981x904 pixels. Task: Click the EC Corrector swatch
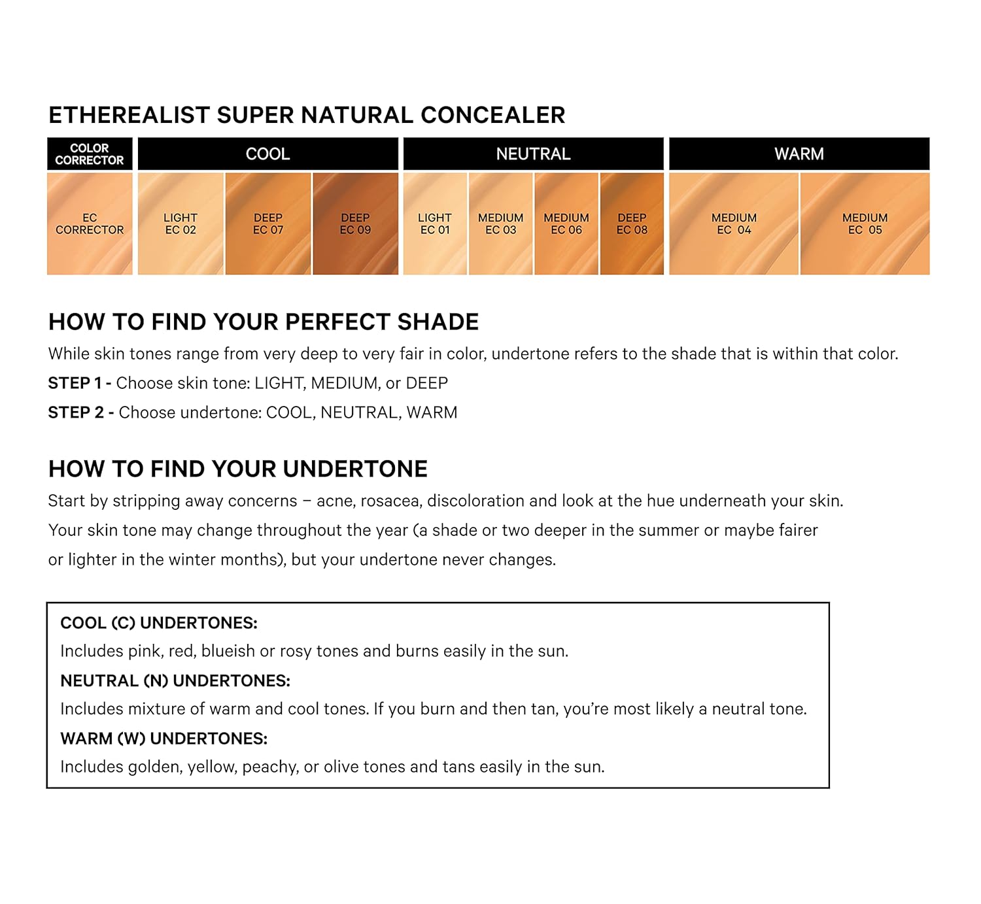coord(90,223)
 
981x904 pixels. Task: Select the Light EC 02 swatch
coord(181,223)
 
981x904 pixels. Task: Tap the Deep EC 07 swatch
coord(267,223)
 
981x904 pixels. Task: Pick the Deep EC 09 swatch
coord(355,223)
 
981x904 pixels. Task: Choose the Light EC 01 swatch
coord(435,223)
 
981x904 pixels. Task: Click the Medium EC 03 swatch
coord(500,223)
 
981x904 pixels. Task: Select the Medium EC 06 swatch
coord(566,223)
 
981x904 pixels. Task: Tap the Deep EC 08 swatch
coord(632,223)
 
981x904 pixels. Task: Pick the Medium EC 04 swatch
coord(734,223)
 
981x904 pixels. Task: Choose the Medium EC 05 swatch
coord(865,223)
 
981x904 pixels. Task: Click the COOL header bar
coord(267,154)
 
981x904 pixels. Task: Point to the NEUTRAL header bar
coord(534,154)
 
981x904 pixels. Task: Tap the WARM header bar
coord(799,154)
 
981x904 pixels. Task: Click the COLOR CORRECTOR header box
coord(90,154)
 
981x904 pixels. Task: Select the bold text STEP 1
coord(75,383)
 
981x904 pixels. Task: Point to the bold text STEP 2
coord(76,412)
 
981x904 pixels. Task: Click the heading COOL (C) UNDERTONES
coord(158,623)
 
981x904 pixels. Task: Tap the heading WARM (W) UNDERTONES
coord(163,739)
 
